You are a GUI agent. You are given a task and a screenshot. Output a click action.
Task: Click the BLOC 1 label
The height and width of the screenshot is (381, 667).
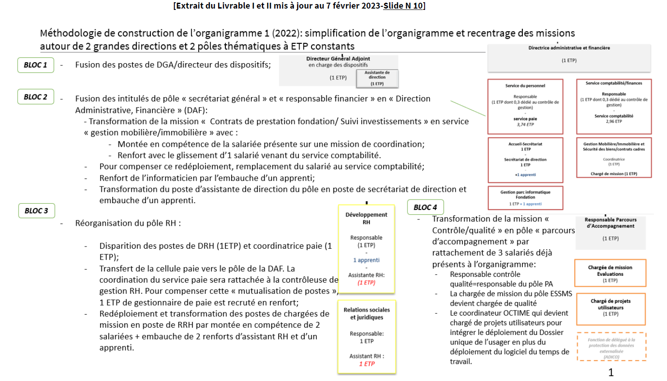click(36, 65)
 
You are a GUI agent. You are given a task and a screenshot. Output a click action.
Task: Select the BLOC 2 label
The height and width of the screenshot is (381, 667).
click(36, 97)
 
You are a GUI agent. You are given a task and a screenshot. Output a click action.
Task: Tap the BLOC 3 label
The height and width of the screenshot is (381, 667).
click(37, 211)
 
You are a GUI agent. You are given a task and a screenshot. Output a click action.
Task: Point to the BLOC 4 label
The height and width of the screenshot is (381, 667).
click(425, 207)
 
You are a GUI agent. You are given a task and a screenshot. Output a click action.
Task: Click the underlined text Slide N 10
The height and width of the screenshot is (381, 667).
click(403, 6)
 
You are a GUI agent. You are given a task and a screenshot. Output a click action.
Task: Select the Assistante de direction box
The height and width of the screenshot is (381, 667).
click(377, 78)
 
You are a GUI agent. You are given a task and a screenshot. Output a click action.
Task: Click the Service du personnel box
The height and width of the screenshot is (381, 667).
click(525, 107)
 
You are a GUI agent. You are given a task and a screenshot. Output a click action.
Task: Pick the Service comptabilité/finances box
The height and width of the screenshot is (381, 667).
click(614, 107)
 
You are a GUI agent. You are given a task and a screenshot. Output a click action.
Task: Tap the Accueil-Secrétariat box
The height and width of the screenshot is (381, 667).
click(525, 159)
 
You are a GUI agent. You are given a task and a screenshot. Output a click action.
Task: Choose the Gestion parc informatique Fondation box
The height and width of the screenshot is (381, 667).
click(525, 198)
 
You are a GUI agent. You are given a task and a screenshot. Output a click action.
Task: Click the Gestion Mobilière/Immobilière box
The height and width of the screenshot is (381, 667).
click(614, 158)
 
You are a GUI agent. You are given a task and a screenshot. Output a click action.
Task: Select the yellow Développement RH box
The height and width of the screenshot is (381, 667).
click(366, 249)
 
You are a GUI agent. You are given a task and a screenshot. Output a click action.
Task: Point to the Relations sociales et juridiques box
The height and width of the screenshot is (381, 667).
click(367, 337)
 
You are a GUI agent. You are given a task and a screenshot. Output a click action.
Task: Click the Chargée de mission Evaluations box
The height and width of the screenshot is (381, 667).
click(610, 273)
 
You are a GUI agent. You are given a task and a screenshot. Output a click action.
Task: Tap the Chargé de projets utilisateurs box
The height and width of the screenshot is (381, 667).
click(610, 309)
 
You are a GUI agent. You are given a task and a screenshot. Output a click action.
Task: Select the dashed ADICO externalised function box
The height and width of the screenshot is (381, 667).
click(611, 347)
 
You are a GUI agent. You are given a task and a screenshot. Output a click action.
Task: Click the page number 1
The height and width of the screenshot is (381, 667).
click(611, 372)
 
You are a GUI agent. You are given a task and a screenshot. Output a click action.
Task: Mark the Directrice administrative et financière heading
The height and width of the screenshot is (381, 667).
click(569, 48)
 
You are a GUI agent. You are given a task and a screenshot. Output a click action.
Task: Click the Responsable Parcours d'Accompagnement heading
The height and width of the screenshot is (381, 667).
click(611, 223)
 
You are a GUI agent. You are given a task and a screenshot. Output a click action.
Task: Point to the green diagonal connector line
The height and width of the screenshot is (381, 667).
click(468, 108)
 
